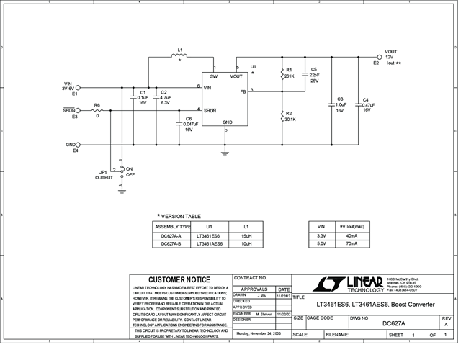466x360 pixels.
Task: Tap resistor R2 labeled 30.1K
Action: (x=282, y=117)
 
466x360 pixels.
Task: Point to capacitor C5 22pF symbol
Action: (x=306, y=74)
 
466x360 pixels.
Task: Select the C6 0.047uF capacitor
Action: (x=179, y=123)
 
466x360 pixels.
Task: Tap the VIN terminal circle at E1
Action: (x=79, y=88)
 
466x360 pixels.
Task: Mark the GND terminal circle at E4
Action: (x=79, y=145)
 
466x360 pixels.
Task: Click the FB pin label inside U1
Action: (x=243, y=91)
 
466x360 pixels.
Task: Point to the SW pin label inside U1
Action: (x=213, y=76)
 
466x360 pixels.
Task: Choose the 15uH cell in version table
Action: (x=246, y=235)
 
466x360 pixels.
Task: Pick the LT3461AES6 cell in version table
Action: (x=208, y=244)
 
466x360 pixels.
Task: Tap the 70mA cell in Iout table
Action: (x=351, y=244)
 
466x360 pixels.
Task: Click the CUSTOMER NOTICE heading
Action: (x=179, y=279)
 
